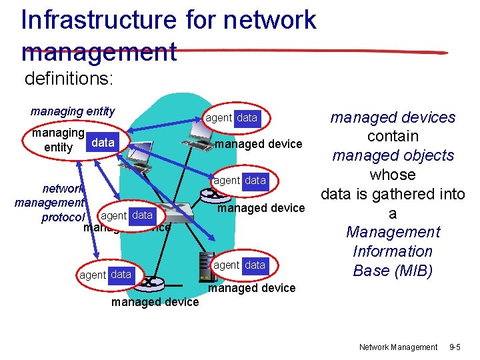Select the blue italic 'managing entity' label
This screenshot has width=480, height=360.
coord(73,111)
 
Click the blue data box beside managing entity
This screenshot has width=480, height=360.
coord(103,143)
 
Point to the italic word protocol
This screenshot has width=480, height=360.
coord(63,217)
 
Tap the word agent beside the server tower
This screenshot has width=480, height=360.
coord(226,265)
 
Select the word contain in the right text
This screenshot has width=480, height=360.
coord(393,136)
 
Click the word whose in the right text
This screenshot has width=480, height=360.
coord(393,175)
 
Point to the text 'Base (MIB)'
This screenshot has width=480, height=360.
coord(392,271)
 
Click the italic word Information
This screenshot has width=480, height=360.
coord(393,251)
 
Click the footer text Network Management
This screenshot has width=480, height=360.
coord(398,347)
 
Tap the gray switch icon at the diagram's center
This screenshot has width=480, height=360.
coord(173,215)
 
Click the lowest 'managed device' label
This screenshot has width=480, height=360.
coord(155,302)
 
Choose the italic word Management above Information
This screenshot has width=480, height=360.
coord(393,232)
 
